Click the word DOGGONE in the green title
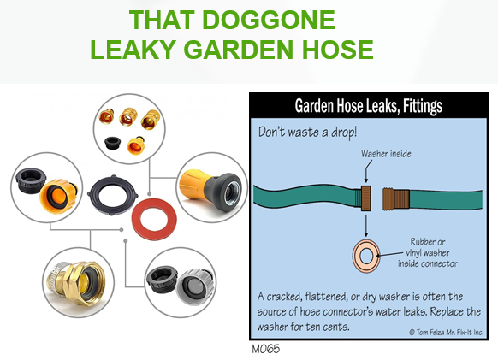[269, 20]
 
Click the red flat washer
[154, 219]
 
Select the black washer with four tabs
[113, 195]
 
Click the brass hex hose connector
[76, 283]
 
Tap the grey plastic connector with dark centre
[194, 286]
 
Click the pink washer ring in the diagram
[366, 256]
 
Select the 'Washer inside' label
[386, 154]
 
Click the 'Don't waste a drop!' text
[307, 133]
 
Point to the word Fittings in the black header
[423, 106]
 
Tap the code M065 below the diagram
[266, 349]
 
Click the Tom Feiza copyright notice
[446, 333]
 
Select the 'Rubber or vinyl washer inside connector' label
[428, 253]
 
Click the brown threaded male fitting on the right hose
[395, 199]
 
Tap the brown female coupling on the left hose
[366, 198]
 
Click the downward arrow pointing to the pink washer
[366, 226]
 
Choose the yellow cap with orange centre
[58, 196]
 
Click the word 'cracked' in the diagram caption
[284, 297]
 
